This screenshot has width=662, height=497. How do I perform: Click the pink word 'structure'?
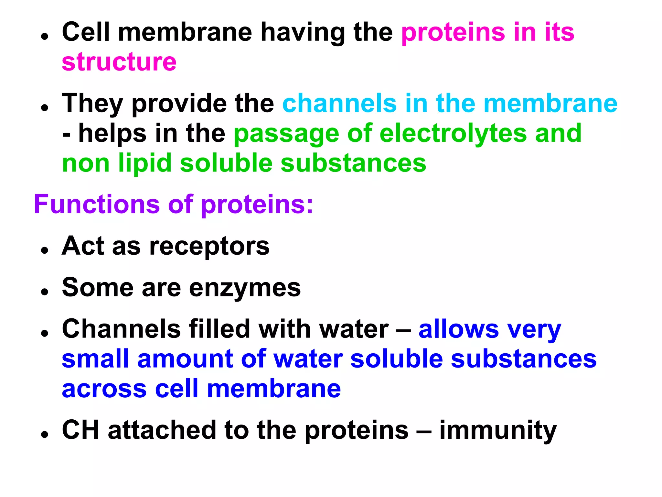coord(119,62)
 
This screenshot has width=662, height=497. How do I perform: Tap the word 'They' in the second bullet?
coord(92,104)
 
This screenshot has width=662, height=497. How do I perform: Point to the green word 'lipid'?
coord(144,163)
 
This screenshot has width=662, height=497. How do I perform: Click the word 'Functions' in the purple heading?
coord(97,204)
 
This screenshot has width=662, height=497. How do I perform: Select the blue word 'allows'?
coord(459,329)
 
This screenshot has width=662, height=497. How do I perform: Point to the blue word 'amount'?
coord(185,359)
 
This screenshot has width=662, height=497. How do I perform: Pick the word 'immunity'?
coord(498,431)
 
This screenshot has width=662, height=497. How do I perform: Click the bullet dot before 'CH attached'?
coord(45,435)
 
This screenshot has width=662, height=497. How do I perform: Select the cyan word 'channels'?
coord(339,104)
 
